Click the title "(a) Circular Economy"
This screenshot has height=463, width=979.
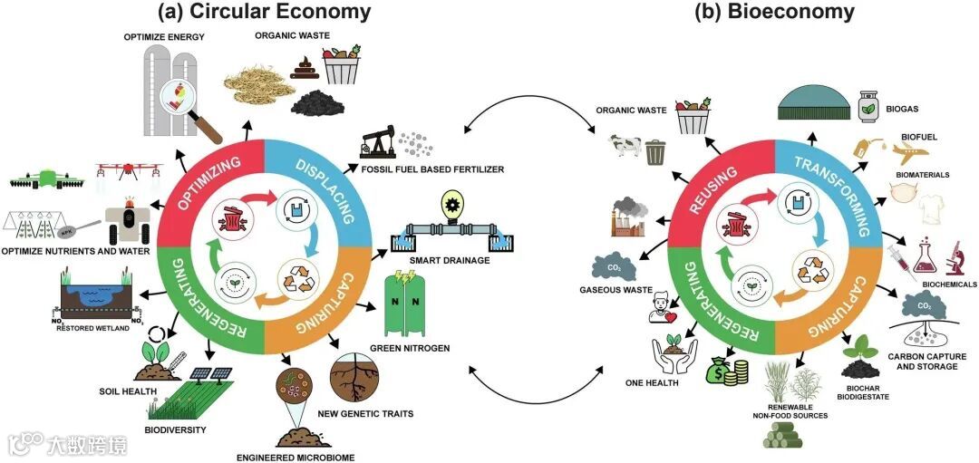[264, 13]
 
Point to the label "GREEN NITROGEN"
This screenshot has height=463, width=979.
[398, 348]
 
